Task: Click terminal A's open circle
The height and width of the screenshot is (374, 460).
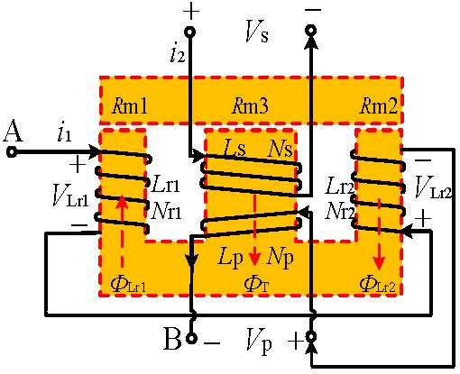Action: [x=12, y=151]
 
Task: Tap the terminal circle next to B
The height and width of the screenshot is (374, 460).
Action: [x=191, y=338]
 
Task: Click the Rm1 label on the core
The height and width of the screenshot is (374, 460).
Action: [x=130, y=105]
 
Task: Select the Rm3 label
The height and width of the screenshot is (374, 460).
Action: [x=250, y=105]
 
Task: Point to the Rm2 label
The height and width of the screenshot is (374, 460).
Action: [x=379, y=105]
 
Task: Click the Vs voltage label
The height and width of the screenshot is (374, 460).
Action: [x=256, y=32]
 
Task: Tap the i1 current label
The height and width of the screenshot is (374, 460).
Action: [x=64, y=134]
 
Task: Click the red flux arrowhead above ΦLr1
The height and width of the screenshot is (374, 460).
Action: [x=122, y=201]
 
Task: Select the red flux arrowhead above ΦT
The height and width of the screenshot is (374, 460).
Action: [x=254, y=259]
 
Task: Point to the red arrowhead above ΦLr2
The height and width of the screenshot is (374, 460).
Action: [x=380, y=262]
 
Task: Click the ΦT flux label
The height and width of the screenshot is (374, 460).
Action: [x=256, y=284]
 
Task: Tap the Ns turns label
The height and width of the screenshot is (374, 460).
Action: [x=281, y=149]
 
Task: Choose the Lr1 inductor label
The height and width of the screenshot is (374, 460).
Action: [x=166, y=184]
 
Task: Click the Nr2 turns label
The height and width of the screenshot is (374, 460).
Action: [x=340, y=211]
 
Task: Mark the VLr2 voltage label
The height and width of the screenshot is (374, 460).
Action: [x=433, y=187]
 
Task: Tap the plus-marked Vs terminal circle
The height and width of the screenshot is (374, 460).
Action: [x=190, y=32]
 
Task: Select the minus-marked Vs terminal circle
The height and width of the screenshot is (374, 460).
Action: [x=311, y=30]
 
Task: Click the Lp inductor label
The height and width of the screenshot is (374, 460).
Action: [x=230, y=259]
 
